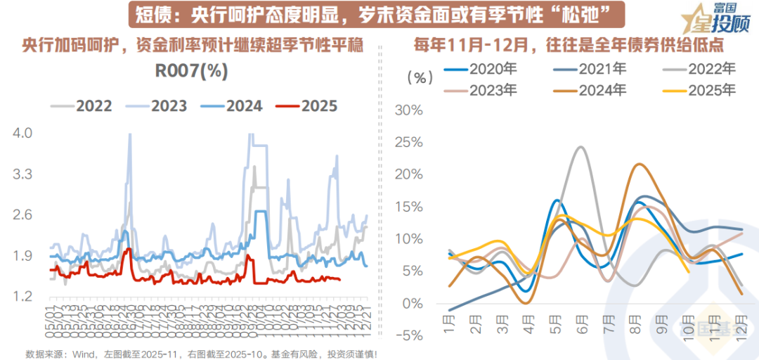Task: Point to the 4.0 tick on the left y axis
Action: pyautogui.click(x=22, y=133)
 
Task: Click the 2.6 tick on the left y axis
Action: pyautogui.click(x=22, y=214)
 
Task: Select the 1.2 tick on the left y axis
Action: pyautogui.click(x=22, y=296)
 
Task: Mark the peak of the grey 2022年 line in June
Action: pyautogui.click(x=580, y=147)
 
